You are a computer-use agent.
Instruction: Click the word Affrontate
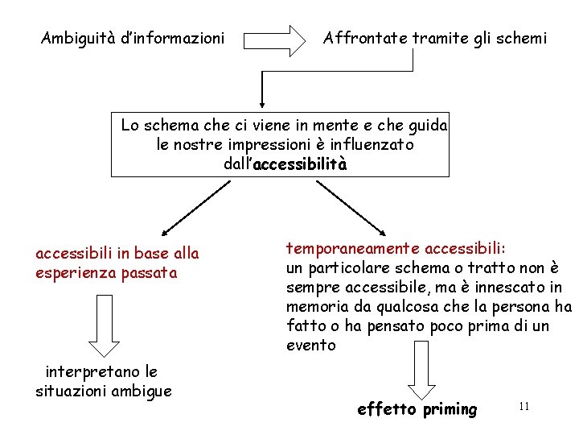pyautogui.click(x=363, y=38)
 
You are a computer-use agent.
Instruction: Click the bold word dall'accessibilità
pyautogui.click(x=285, y=164)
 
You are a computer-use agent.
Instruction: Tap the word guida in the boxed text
pyautogui.click(x=429, y=126)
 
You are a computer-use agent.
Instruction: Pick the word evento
pyautogui.click(x=311, y=345)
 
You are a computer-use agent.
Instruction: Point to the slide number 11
pyautogui.click(x=524, y=407)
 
